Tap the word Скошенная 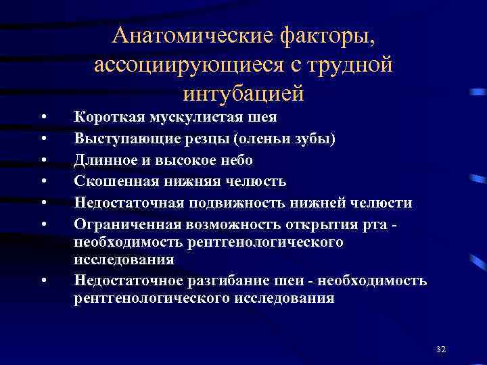110,182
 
